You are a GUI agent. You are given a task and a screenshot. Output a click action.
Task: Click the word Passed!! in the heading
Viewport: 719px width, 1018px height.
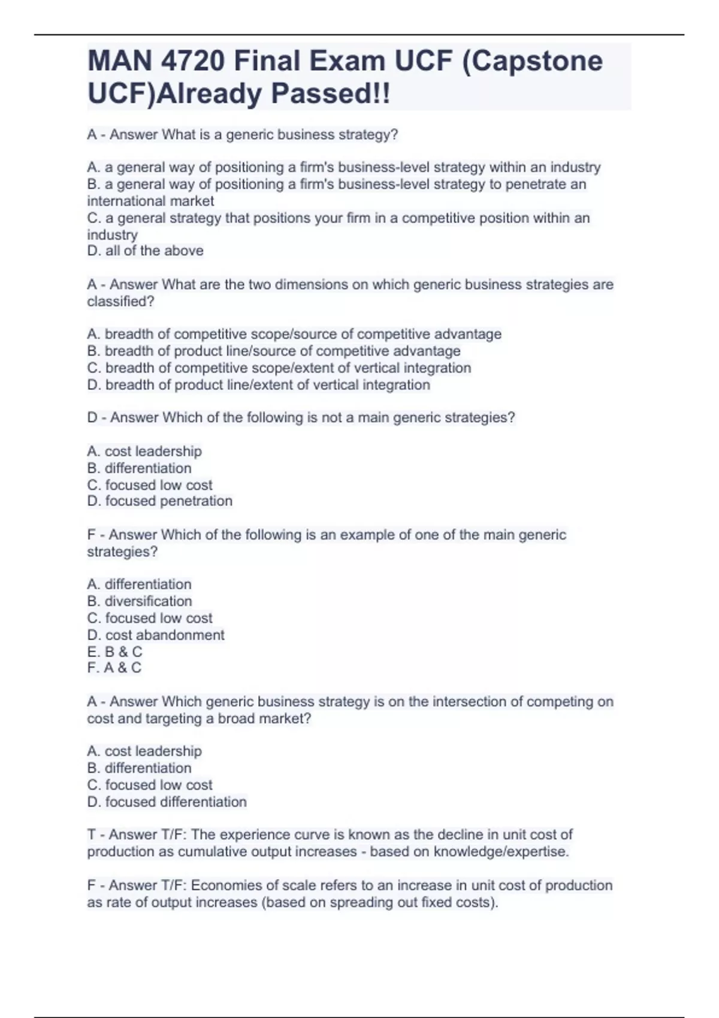point(330,93)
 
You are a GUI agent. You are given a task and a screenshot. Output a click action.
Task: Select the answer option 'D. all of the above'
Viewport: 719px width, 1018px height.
point(145,251)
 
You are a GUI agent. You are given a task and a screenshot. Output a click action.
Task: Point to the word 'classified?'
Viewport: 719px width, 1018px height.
point(120,302)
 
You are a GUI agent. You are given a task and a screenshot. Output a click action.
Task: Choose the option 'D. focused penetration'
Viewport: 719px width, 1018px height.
point(159,501)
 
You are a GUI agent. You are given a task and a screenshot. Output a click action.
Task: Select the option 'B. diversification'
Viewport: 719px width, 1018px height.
point(140,601)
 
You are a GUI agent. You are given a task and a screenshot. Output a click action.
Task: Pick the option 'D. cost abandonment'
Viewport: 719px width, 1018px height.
point(156,635)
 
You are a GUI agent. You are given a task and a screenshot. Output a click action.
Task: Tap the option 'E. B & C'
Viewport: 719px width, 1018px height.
point(115,652)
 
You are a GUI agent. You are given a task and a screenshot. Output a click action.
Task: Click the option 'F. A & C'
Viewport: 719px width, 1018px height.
point(114,668)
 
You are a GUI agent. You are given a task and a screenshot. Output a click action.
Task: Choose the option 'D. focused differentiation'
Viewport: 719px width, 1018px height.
point(167,802)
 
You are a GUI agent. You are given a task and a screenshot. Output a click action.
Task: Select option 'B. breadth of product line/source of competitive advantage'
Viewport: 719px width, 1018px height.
point(274,351)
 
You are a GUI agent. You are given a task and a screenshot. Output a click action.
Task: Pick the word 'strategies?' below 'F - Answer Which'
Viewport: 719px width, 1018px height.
point(122,552)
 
